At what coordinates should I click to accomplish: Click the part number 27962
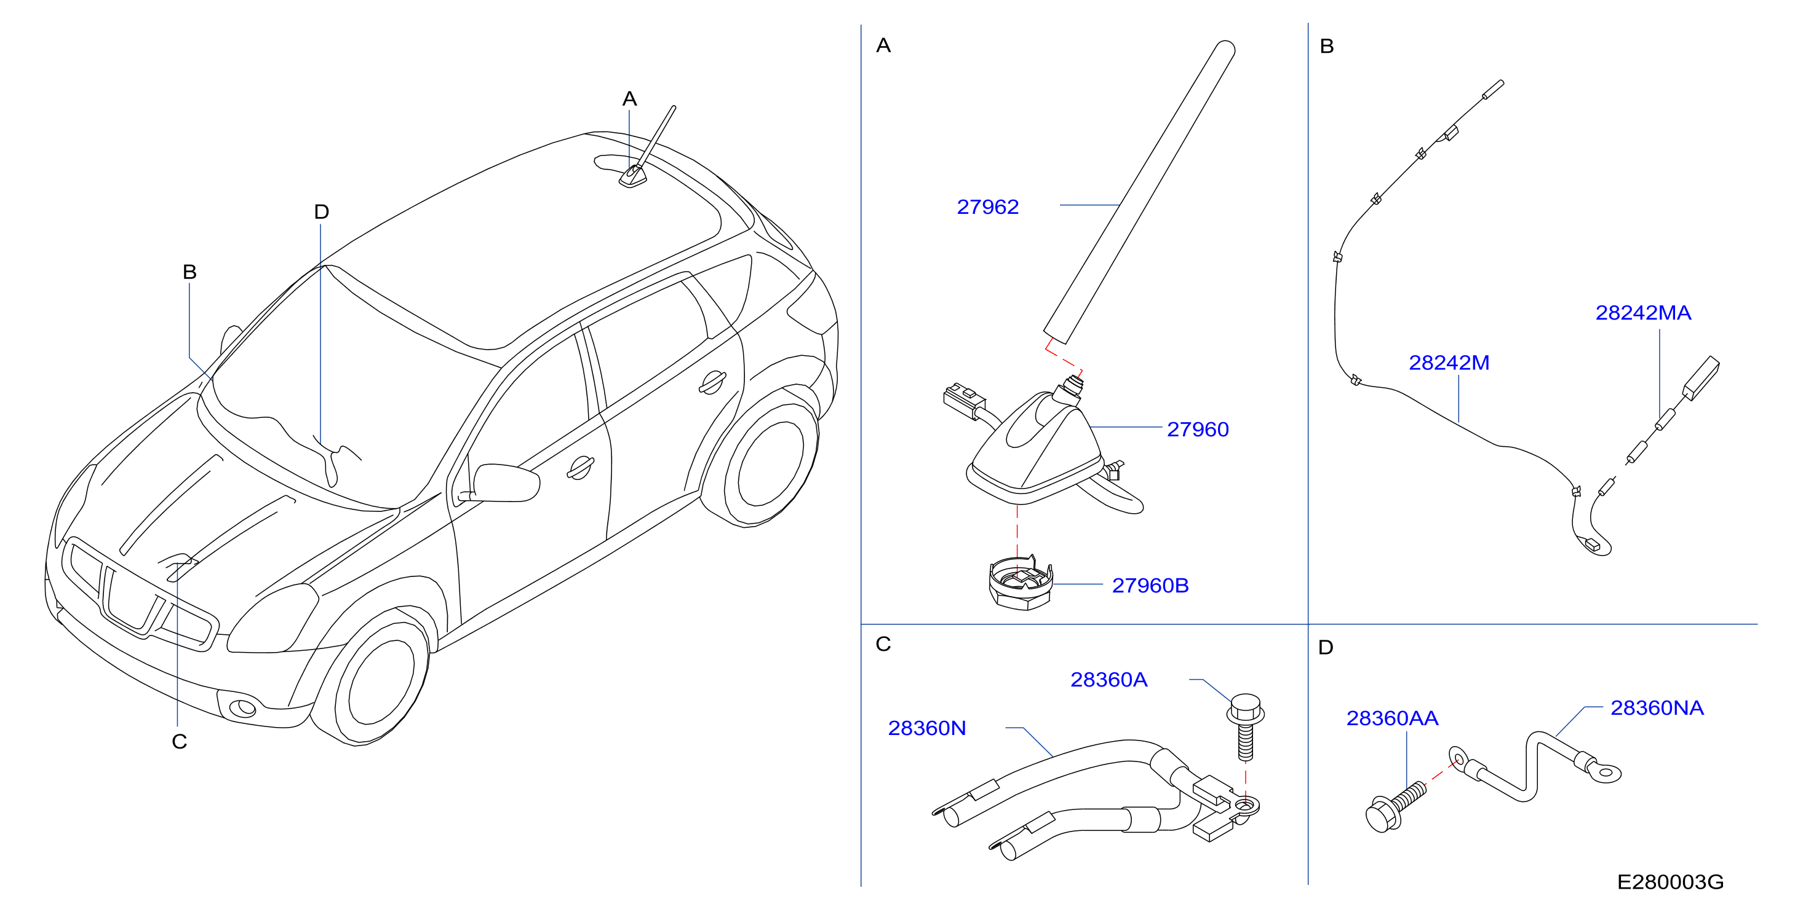987,207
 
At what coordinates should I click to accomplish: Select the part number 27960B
1150,586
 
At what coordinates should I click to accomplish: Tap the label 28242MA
1642,313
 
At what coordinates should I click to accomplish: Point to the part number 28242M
1449,363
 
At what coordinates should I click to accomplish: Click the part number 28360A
1108,679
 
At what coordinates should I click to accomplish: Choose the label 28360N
926,728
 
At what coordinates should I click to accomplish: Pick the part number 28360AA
1392,718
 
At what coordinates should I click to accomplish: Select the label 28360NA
1657,708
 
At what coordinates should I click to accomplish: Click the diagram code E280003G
1670,882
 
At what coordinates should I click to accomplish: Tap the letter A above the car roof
629,98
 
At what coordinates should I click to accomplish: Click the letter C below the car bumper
179,741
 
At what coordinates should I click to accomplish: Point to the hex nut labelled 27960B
1021,583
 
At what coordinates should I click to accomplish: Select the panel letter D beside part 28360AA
1326,647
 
